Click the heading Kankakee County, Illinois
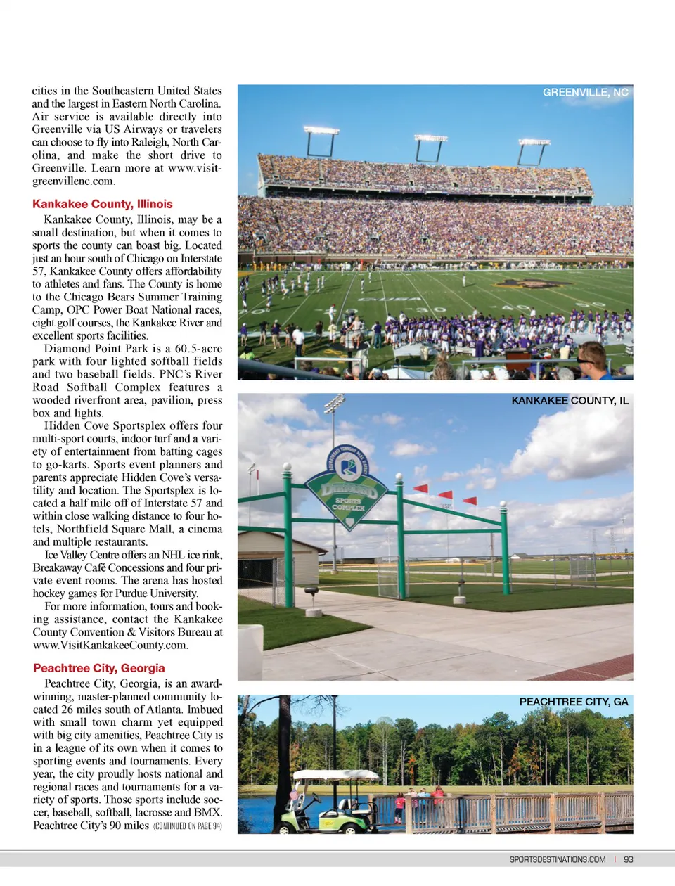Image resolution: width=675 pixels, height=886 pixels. [102, 204]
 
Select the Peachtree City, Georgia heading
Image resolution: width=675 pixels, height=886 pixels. [99, 668]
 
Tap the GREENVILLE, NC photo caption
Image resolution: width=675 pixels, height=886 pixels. [585, 92]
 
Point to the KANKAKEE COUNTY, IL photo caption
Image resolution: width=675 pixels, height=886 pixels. [570, 401]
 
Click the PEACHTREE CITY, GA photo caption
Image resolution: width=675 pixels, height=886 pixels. [573, 702]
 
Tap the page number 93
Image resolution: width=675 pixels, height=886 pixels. [629, 859]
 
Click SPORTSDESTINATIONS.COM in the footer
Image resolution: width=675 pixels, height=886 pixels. [558, 859]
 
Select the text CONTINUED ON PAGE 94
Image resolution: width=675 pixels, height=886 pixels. [188, 826]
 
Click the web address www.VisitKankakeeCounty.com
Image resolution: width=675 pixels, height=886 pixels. [110, 646]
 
